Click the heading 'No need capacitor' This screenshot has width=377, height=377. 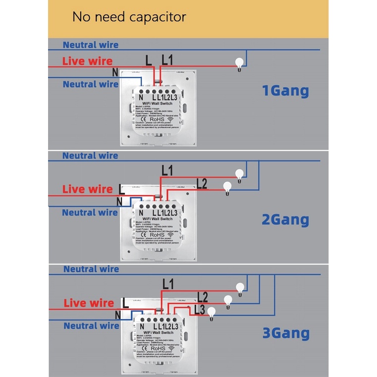tap(129, 17)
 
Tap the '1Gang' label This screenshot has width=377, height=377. tap(285, 91)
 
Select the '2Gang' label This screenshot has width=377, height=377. tap(285, 219)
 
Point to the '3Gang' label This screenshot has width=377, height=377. tap(286, 333)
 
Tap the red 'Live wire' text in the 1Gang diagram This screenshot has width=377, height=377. tap(87, 61)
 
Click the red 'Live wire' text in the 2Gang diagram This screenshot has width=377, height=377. tap(88, 189)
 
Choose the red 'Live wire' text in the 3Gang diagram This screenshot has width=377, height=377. tap(89, 303)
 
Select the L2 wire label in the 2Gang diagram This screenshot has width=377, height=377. tap(201, 184)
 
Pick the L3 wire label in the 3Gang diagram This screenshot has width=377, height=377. tap(199, 309)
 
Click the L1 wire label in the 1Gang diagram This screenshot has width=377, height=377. tap(167, 60)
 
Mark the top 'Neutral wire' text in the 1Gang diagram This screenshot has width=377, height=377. tap(90, 45)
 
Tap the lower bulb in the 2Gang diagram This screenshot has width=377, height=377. tap(227, 187)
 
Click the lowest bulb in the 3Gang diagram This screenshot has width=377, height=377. tap(212, 312)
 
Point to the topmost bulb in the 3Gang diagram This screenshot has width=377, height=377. tap(240, 287)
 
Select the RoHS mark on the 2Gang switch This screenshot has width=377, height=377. tap(158, 235)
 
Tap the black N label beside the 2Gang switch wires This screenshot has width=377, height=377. tap(119, 202)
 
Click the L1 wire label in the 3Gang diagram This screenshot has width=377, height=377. tap(168, 284)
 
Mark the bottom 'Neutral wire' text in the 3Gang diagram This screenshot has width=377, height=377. tap(91, 326)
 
